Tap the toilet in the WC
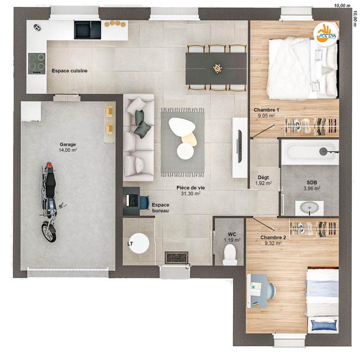click(x=230, y=257)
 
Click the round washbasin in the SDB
click(x=309, y=207)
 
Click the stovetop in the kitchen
click(x=36, y=63)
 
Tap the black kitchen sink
click(x=87, y=30)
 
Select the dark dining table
click(x=216, y=68)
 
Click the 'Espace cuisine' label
click(x=69, y=71)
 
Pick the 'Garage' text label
click(x=68, y=144)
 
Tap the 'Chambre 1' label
click(x=266, y=110)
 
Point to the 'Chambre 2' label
click(x=273, y=237)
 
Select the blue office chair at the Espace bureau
click(x=144, y=202)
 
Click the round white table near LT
click(x=139, y=243)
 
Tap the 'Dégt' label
click(x=263, y=177)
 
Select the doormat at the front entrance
click(x=176, y=257)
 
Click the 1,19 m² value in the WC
click(x=232, y=240)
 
